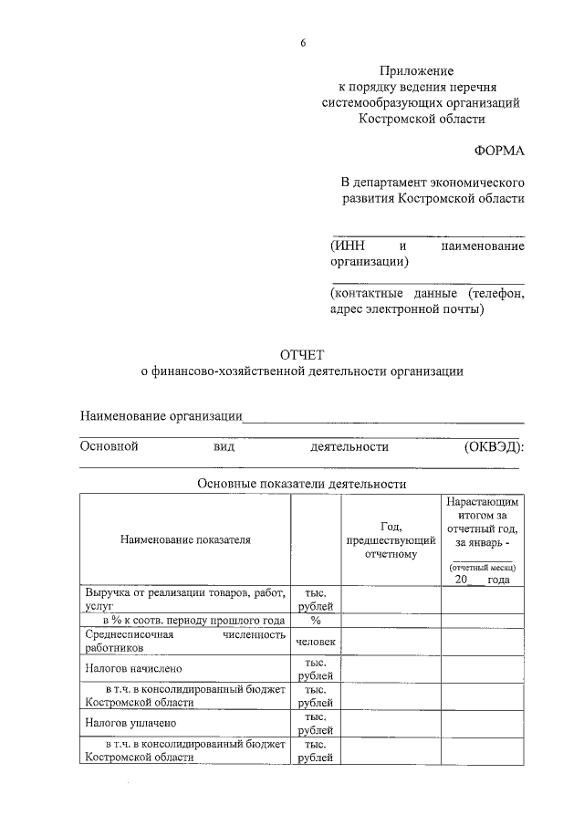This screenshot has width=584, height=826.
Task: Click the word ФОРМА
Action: [x=499, y=149]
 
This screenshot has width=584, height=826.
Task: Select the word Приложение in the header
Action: [x=417, y=70]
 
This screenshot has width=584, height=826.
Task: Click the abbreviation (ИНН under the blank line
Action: [x=347, y=246]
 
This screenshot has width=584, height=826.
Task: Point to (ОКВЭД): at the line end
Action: [x=494, y=446]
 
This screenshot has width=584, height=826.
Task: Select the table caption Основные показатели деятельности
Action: [x=301, y=484]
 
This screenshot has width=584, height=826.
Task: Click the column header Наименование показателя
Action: [x=184, y=540]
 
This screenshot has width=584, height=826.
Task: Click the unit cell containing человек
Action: [x=316, y=642]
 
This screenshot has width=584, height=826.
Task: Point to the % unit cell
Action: [x=316, y=621]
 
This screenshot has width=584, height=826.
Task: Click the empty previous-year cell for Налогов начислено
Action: [x=391, y=668]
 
